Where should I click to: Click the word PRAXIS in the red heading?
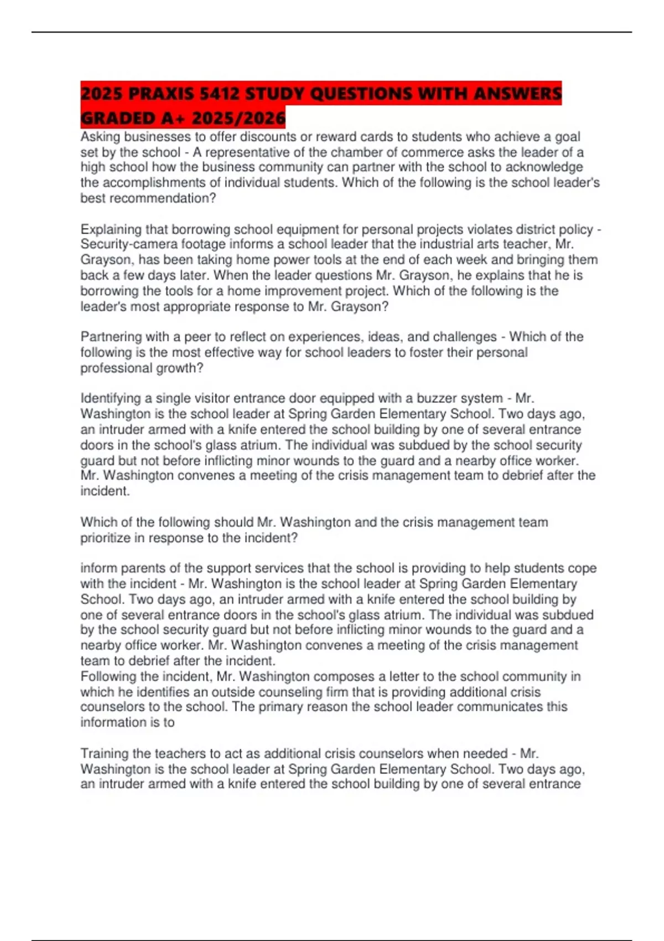click(x=160, y=94)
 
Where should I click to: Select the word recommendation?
click(x=159, y=198)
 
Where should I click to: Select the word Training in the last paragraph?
click(x=105, y=753)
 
